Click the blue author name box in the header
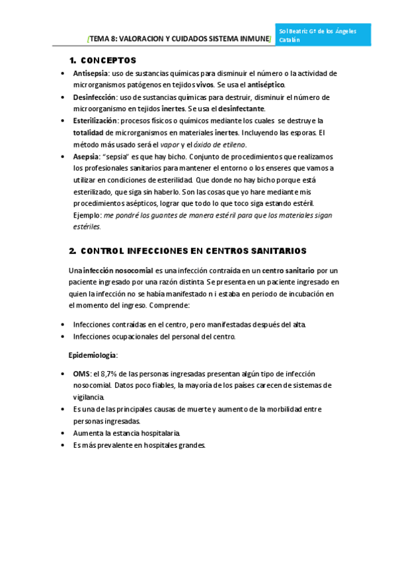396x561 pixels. click(333, 35)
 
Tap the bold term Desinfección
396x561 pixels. click(91, 97)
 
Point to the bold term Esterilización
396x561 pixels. click(95, 120)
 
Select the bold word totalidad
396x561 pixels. click(91, 132)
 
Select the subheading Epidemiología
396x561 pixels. click(93, 355)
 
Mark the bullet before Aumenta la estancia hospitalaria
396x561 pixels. click(62, 433)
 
